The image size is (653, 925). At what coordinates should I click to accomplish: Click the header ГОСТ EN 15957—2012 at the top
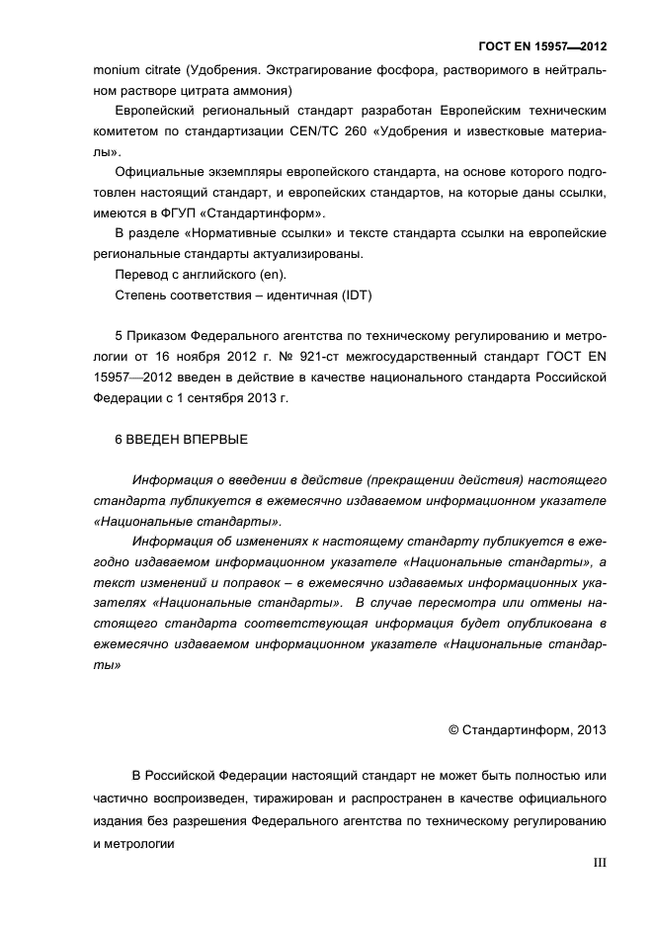tap(541, 45)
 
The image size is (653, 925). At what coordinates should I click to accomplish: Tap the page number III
tap(600, 863)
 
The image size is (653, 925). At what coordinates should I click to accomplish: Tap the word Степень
tap(144, 294)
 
